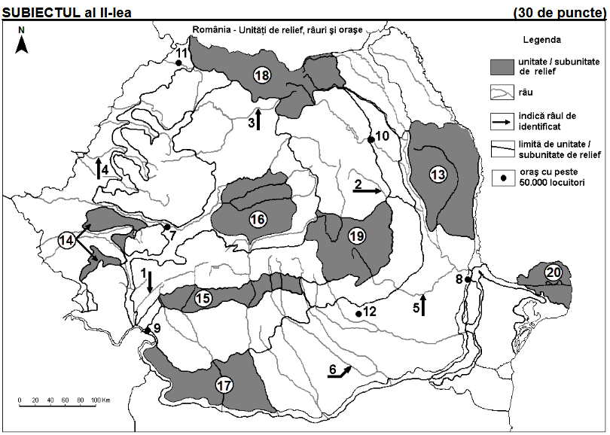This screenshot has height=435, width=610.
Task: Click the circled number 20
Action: pos(554,272)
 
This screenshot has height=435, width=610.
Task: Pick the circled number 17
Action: pos(224,385)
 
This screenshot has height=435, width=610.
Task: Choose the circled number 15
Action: pos(203,298)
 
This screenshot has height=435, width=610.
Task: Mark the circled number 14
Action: pos(67,240)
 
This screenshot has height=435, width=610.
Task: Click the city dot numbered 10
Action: pos(371,139)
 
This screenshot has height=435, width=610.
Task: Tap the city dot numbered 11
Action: pos(178,63)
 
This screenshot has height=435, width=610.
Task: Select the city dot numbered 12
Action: pos(358,314)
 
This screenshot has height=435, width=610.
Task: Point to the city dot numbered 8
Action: pos(468,279)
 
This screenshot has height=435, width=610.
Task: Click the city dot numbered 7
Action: pos(166,227)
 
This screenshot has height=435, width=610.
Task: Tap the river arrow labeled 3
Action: pos(258,119)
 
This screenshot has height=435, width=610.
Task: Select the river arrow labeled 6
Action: pos(342,370)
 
